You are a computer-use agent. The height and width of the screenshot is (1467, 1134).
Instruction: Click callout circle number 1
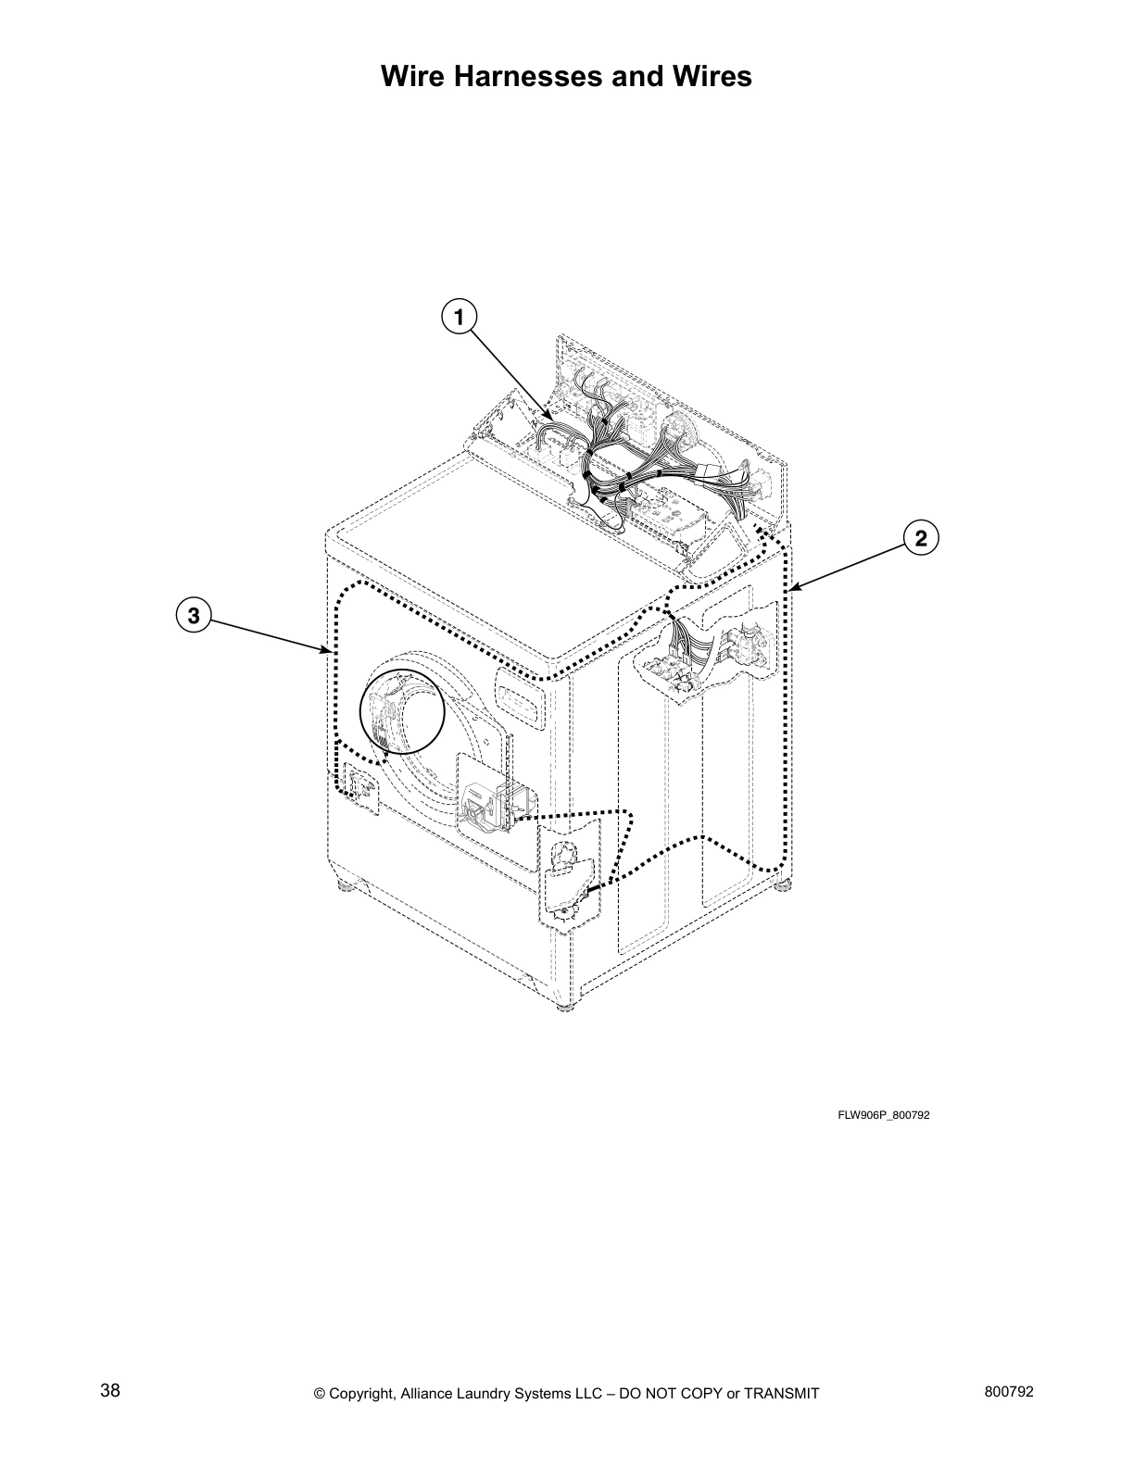(x=459, y=316)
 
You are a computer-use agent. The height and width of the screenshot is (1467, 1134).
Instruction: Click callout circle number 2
(x=920, y=537)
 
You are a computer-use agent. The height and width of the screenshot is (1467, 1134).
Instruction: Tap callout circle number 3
(x=193, y=615)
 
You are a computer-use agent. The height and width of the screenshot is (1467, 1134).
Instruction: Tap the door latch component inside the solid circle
(x=384, y=714)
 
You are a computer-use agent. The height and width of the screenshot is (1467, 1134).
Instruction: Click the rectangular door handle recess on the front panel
(x=521, y=695)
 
